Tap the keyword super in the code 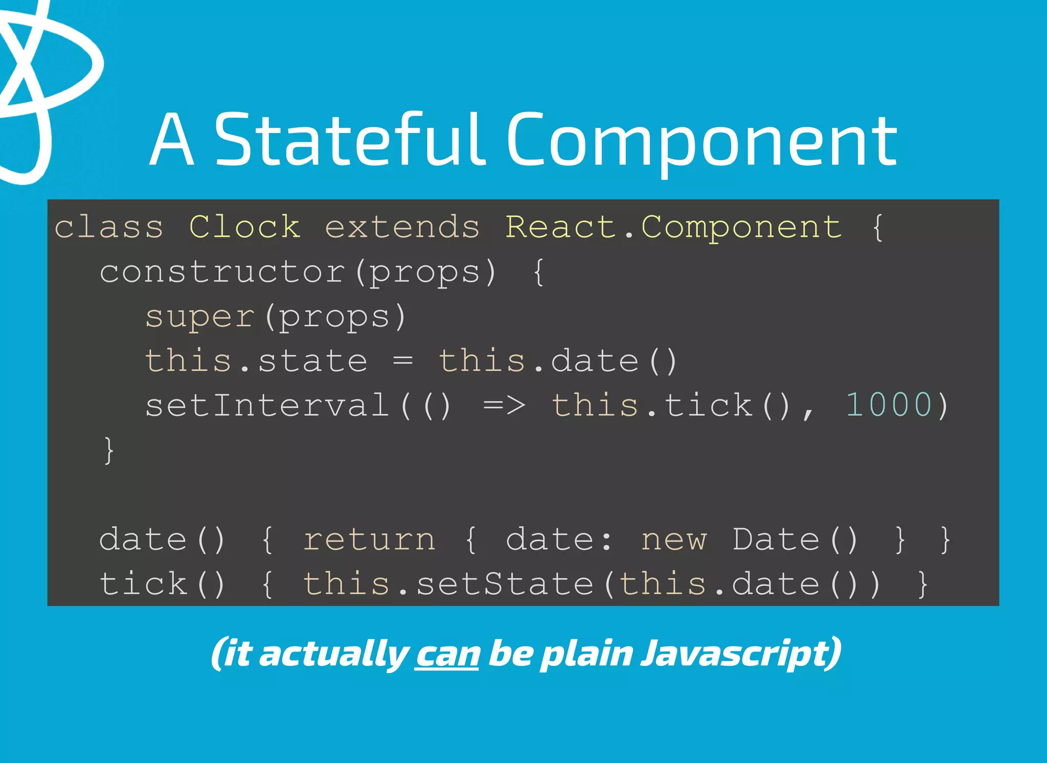point(199,317)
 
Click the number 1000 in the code point(889,405)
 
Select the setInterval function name point(267,405)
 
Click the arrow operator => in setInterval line point(504,405)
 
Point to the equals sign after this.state point(403,361)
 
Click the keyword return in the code point(369,540)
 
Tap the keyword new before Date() point(674,540)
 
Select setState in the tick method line point(505,584)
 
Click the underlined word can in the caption point(447,654)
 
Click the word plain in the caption point(587,654)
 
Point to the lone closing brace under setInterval point(108,450)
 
